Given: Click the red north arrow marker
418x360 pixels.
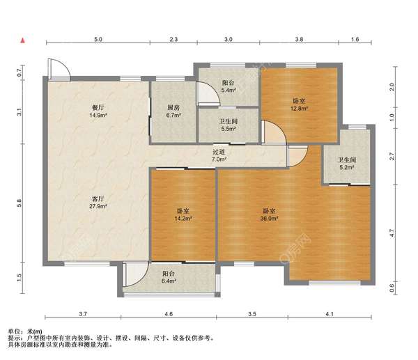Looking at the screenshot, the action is [x=23, y=41].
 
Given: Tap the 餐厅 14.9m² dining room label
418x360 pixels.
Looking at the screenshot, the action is [x=98, y=111].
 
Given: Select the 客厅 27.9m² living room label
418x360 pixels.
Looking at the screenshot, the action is [x=98, y=202].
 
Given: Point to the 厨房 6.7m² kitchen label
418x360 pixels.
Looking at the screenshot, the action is [x=173, y=111].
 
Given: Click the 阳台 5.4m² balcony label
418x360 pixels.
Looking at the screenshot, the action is [x=229, y=86].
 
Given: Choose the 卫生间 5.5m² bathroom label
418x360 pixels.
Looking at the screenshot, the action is [x=229, y=125].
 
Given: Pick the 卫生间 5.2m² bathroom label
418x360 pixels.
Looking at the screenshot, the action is [x=346, y=164].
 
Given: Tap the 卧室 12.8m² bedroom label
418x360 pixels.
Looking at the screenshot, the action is [x=299, y=104].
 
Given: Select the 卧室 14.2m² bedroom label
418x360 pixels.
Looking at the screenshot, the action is [x=183, y=214].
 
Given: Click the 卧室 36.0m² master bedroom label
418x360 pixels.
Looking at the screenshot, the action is [x=269, y=214].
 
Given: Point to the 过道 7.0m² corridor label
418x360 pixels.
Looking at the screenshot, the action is [x=219, y=155].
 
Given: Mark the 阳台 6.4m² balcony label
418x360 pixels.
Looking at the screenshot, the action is [x=169, y=277].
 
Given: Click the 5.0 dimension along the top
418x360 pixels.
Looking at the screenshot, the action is [x=98, y=39].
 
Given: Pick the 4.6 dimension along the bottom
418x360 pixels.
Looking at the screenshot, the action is [x=169, y=314].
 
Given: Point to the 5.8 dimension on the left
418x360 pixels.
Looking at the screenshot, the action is [x=19, y=203].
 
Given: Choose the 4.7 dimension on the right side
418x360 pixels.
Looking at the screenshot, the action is [x=392, y=233].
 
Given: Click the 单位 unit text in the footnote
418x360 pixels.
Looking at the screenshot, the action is [x=15, y=331].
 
